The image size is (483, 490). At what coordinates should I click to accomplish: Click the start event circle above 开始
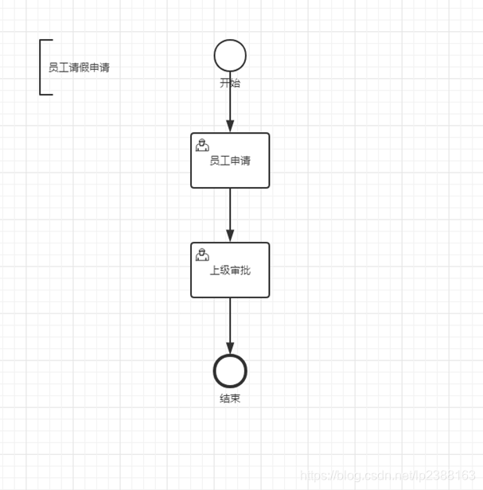coord(230,56)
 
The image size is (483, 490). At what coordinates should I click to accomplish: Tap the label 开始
coord(230,83)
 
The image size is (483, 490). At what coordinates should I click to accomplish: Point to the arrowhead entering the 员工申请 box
coord(230,126)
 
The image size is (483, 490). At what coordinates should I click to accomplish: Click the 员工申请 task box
coord(247,175)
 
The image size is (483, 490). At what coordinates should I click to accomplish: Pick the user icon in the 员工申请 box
coord(203,145)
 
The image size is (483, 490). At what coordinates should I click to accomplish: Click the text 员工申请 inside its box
coord(230,161)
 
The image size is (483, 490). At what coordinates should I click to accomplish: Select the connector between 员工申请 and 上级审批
coord(230,211)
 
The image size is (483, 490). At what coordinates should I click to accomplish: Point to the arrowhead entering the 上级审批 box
coord(230,235)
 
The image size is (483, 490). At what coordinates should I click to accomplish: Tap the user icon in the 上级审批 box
coord(203,255)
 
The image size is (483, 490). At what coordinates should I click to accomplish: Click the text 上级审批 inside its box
coord(230,270)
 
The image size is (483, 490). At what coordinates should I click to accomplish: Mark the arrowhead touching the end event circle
coord(230,348)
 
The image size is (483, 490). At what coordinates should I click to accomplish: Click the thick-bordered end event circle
coord(230,371)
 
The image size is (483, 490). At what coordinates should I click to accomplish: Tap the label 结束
coord(230,399)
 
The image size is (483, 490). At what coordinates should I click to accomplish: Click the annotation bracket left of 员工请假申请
coord(41,67)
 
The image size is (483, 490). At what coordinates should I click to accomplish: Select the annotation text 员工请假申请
coord(79,68)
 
